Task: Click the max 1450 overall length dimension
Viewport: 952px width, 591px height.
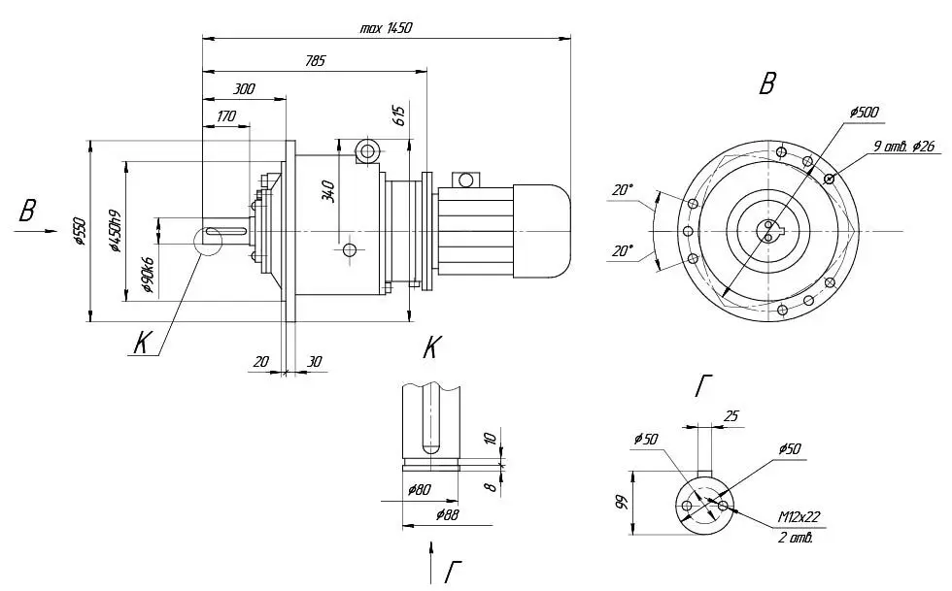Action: (387, 28)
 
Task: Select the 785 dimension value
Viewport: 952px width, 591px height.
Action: (316, 61)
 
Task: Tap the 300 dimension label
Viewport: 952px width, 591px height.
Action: (244, 89)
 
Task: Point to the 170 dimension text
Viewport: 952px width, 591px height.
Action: (225, 115)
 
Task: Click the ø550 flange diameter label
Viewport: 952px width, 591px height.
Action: (80, 231)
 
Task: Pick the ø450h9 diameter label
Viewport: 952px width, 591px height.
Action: (115, 231)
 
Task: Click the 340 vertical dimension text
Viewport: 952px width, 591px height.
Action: (328, 191)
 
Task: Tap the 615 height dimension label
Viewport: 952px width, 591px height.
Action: (399, 115)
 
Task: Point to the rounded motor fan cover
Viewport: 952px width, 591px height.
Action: (542, 231)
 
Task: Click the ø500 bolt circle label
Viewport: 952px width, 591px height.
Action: (864, 113)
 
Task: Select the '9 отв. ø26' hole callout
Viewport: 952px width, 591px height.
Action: (903, 147)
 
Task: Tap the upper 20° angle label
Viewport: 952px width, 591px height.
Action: (622, 190)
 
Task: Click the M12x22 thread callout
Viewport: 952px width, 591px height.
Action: (799, 517)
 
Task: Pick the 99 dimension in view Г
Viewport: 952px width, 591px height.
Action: (622, 503)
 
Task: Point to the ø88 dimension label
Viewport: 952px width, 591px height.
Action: (448, 515)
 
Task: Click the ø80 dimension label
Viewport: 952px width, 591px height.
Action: (420, 489)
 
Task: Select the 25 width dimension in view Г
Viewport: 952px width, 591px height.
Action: (731, 416)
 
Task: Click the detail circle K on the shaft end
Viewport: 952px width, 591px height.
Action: (208, 241)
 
